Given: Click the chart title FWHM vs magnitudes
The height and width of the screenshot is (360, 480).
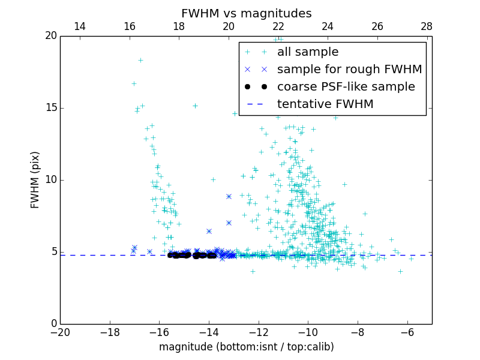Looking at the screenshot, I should (x=246, y=13).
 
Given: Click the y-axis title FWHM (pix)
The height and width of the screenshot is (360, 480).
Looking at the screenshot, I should (x=35, y=179).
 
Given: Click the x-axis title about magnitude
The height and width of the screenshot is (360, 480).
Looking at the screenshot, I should (x=246, y=347).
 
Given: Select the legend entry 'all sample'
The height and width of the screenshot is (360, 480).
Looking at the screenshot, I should (x=308, y=52).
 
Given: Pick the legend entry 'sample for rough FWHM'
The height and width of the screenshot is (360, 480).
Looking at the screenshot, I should (x=350, y=70).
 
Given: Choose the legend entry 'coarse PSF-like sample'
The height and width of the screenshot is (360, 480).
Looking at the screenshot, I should (x=346, y=87).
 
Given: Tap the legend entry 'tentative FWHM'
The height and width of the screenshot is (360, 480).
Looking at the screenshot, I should (x=325, y=104).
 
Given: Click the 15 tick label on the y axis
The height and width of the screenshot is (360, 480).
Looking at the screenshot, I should (x=51, y=108).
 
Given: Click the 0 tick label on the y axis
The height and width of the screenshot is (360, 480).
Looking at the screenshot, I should (x=53, y=324).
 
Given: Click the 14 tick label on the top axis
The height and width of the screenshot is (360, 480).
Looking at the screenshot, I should (x=79, y=26).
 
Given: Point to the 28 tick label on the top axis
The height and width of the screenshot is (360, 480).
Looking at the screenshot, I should (x=427, y=26).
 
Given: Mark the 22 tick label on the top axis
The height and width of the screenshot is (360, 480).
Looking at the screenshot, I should (x=278, y=26).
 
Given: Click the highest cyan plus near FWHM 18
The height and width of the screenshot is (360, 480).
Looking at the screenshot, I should (x=140, y=60).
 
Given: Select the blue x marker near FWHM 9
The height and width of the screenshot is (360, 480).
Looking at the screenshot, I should (x=229, y=196).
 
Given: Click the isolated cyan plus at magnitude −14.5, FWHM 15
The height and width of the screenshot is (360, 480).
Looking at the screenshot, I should (x=195, y=106).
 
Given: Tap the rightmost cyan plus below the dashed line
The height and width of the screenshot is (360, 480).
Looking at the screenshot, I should (x=400, y=271).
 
